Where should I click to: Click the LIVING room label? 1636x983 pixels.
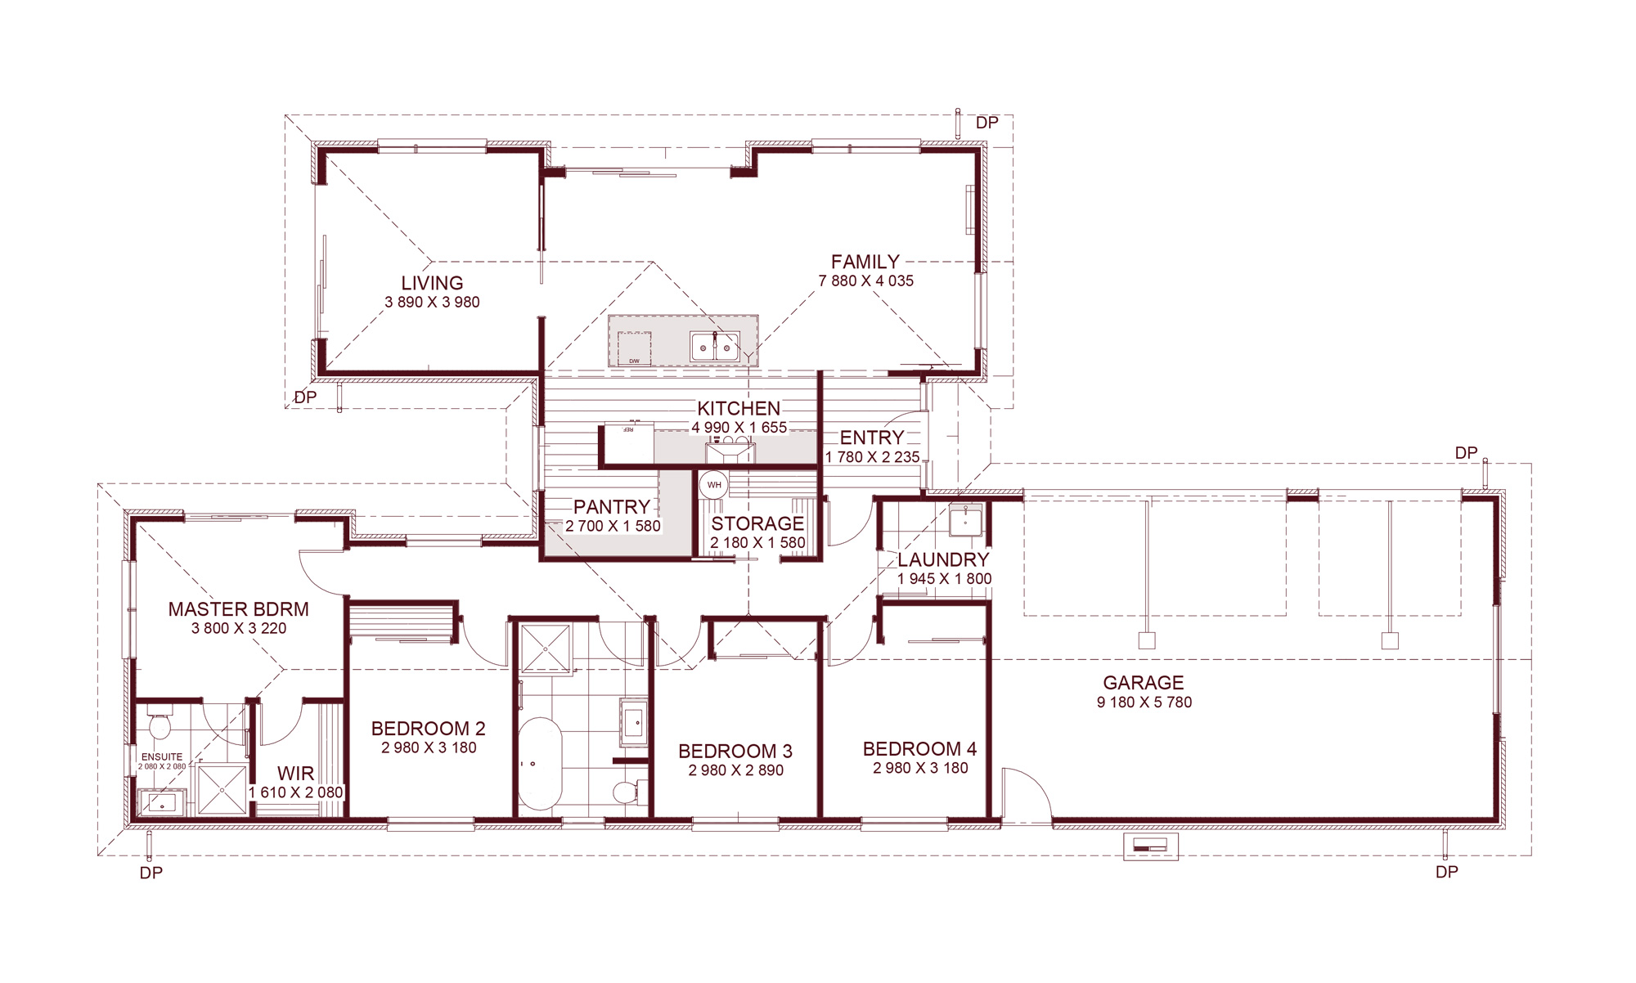coord(432,283)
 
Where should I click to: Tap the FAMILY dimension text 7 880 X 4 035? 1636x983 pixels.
coord(866,281)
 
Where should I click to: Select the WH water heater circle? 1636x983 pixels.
coord(714,485)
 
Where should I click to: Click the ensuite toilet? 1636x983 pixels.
coord(159,725)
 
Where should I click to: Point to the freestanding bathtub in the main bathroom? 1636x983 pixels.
coord(540,764)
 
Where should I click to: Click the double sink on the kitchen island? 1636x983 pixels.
coord(715,347)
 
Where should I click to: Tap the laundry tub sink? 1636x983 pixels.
coord(965,519)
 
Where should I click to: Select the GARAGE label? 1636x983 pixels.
coord(1144,683)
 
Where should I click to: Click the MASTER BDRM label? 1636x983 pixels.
coord(239,609)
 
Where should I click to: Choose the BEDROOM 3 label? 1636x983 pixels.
coord(735,751)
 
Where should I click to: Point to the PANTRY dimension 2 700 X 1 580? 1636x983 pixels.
coord(613,526)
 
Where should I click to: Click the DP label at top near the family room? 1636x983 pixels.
coord(987,123)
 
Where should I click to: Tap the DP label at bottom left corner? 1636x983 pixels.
coord(151,873)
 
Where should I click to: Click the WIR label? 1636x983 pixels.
coord(295,774)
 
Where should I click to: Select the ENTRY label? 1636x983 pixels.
coord(872,438)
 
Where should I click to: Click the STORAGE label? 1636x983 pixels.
coord(757,523)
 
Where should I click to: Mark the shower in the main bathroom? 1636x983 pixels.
coord(546,648)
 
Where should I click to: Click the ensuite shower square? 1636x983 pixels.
coord(222,789)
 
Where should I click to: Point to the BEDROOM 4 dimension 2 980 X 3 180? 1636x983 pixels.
coord(920,768)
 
